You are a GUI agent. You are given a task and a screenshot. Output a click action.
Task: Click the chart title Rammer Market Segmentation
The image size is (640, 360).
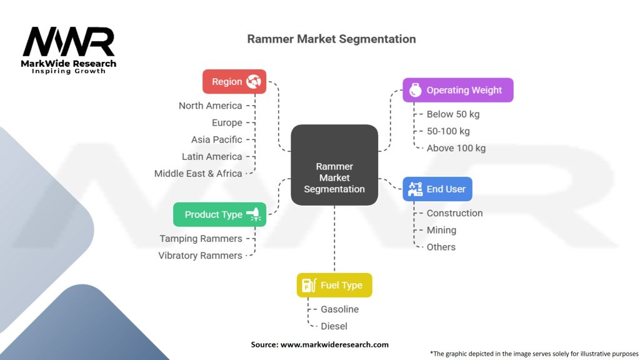(x=331, y=39)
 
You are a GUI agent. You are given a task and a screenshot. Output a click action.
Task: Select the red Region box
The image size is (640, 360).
(x=234, y=81)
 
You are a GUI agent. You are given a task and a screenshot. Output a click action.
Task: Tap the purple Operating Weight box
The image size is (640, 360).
(x=457, y=90)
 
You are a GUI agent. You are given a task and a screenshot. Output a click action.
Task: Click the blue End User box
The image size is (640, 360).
(x=437, y=189)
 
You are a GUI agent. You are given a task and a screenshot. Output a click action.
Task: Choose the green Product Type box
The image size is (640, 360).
(x=219, y=214)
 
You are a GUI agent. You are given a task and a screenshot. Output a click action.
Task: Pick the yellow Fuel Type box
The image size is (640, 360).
(x=334, y=285)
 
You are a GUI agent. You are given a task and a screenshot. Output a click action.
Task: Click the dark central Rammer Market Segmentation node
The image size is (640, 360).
(x=334, y=177)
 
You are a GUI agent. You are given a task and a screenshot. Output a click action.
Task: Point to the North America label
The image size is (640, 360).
(x=210, y=106)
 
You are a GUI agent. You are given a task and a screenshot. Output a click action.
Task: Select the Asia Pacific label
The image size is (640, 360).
(x=216, y=139)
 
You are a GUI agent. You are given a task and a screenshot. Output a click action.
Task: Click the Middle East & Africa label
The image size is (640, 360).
(x=198, y=173)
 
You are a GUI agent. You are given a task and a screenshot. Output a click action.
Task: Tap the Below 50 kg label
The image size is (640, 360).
(x=453, y=114)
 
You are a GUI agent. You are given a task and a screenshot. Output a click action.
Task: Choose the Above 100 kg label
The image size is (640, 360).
(x=456, y=148)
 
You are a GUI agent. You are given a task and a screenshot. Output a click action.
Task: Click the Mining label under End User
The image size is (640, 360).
(x=441, y=230)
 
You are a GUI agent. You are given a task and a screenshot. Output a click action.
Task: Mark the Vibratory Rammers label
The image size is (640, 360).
(x=200, y=255)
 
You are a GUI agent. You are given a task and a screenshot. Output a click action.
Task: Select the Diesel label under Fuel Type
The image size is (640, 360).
(x=334, y=326)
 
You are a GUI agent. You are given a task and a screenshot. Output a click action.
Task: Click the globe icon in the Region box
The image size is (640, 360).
(x=254, y=81)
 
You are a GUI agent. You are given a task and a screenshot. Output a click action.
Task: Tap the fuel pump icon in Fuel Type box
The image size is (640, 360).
(x=308, y=285)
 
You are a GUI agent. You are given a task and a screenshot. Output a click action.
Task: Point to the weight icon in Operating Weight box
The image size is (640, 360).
(x=414, y=90)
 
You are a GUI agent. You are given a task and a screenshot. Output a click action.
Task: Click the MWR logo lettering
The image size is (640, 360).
(x=69, y=42)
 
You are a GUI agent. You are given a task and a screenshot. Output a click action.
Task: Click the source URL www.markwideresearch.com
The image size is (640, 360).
(x=334, y=344)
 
